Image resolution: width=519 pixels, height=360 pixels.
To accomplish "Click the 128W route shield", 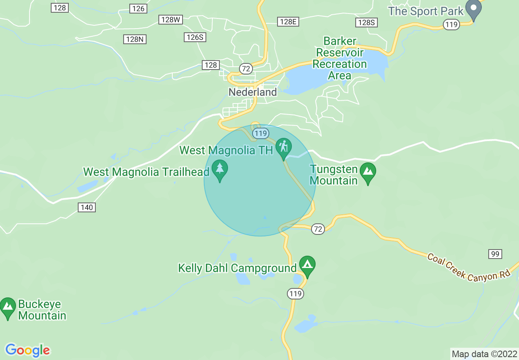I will [x=171, y=20].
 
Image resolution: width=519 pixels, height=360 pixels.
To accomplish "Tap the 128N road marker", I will [x=135, y=39].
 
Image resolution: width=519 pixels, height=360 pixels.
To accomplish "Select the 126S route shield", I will [x=195, y=37].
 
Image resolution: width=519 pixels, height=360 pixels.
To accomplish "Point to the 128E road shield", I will [x=288, y=22].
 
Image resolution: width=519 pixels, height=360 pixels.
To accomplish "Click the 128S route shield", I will [x=366, y=22].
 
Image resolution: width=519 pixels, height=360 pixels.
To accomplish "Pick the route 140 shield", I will [x=87, y=207].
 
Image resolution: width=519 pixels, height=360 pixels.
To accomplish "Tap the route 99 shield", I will [x=495, y=254].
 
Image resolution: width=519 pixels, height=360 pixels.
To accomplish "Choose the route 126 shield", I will [x=138, y=9].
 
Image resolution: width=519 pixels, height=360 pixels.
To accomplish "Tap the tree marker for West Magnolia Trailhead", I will [x=220, y=169].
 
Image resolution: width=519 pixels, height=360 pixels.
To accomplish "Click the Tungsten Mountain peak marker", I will [x=368, y=172].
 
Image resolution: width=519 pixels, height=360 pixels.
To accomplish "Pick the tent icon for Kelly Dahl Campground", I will [x=307, y=265].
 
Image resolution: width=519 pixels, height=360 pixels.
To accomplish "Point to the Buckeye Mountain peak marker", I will [x=8, y=307].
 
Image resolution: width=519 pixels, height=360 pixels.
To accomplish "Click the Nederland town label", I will [x=253, y=92].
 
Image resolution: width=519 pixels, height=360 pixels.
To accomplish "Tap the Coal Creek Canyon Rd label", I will [x=469, y=267].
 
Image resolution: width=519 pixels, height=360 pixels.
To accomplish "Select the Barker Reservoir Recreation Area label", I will [x=340, y=59].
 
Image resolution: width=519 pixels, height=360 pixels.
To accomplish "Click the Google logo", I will [x=28, y=350].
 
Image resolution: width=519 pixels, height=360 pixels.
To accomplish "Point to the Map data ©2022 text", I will [x=484, y=354].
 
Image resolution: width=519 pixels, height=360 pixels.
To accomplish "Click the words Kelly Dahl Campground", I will [x=237, y=268].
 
